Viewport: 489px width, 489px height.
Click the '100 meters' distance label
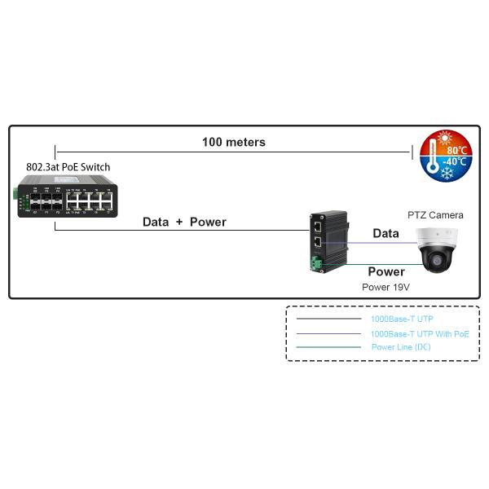pos(233,142)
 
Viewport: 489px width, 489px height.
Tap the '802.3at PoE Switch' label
pos(68,167)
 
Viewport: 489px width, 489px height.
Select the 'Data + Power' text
pos(184,222)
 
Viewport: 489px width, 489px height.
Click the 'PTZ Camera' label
pos(435,215)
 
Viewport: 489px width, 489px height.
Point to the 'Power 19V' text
pos(385,288)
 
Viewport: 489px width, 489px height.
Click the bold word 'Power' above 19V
pos(385,271)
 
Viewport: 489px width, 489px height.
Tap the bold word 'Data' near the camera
pos(385,233)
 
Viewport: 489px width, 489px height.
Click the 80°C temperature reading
pos(456,150)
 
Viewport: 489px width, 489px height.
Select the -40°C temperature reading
pos(455,161)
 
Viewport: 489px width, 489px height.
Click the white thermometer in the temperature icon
pos(430,154)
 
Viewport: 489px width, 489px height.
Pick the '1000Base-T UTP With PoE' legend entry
pos(420,334)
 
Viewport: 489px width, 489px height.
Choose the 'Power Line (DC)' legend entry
pos(401,347)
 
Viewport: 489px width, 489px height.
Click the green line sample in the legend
pos(328,347)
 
